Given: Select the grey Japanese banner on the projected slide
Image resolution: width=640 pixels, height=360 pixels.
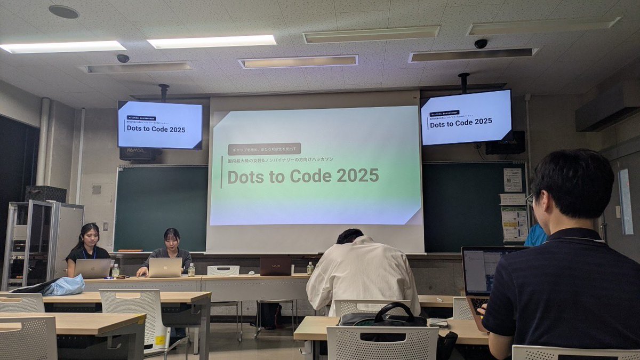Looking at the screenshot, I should click(x=264, y=149).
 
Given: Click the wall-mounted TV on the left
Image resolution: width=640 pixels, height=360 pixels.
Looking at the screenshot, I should click(x=160, y=125).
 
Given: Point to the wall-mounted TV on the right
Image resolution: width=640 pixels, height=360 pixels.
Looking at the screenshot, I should click(x=466, y=117).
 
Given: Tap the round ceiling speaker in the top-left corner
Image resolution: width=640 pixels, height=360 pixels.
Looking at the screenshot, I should click(x=63, y=12).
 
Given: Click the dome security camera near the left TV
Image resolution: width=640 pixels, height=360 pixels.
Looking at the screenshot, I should click(x=123, y=58).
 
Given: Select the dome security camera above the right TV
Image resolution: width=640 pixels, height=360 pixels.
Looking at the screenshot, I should click(x=481, y=44).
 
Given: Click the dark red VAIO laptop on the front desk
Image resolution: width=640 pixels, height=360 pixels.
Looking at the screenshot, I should click(x=276, y=266).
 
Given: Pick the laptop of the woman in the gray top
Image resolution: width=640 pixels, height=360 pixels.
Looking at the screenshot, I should click(x=165, y=267).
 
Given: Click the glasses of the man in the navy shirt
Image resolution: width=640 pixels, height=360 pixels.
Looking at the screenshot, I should click(x=530, y=198).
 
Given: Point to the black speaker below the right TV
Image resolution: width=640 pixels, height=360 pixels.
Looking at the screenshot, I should click(x=505, y=142).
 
